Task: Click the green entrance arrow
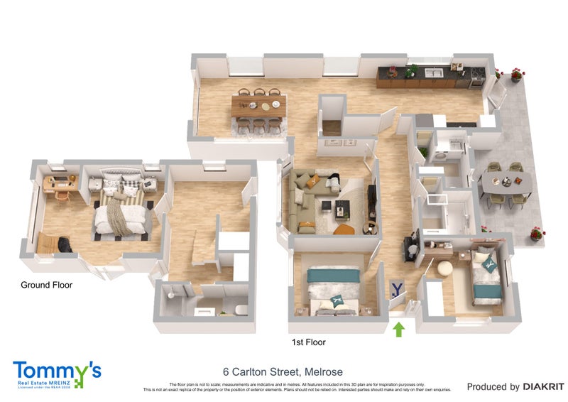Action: tap(399, 329)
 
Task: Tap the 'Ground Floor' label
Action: tap(46, 285)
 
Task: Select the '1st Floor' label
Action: tap(308, 342)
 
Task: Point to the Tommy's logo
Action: tap(57, 374)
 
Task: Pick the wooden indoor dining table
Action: tap(259, 105)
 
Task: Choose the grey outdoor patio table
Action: tap(506, 183)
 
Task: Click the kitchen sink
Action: tap(434, 72)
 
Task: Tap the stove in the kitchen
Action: tap(477, 73)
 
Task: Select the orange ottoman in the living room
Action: tap(344, 229)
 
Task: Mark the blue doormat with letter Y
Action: tap(397, 289)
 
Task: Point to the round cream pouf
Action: tap(444, 268)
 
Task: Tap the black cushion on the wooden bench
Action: tap(63, 244)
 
